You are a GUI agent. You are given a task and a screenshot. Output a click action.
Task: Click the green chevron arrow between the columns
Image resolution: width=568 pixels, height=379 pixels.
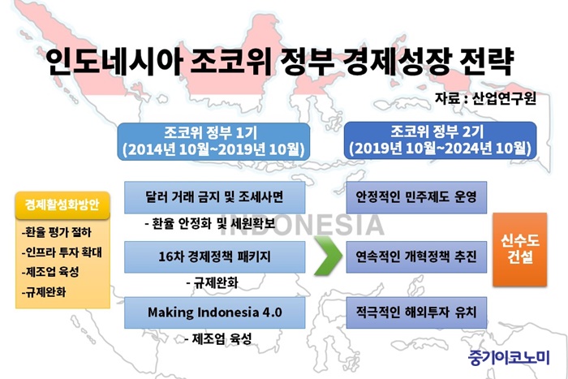coord(328,256)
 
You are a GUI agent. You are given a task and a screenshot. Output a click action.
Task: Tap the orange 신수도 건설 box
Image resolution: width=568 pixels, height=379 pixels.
coord(520,250)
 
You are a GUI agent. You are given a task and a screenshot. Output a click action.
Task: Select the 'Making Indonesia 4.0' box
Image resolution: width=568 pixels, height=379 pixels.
coord(215,312)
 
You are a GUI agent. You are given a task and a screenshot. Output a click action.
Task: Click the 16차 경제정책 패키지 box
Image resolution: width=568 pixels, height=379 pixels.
coord(215,257)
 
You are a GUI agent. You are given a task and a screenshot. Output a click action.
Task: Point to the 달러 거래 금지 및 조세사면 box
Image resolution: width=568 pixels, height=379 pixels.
coord(215,197)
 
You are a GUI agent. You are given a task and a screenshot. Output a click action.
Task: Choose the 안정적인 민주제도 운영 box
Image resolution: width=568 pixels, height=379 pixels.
coord(416,197)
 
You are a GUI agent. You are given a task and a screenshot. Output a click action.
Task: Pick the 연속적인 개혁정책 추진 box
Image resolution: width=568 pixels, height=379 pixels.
coord(416,257)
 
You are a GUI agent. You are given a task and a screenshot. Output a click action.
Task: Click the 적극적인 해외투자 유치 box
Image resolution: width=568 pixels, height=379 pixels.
coord(416,312)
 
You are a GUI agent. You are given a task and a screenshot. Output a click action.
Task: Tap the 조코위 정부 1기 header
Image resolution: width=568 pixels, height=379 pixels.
coord(213,141)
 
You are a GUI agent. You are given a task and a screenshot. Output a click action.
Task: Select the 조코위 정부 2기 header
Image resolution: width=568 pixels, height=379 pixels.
coord(440,140)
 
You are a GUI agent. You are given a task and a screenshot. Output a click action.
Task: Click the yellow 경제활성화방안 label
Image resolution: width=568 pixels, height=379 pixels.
coord(62,205)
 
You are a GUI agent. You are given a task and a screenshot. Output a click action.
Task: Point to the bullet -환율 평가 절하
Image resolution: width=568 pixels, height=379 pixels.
coord(57,232)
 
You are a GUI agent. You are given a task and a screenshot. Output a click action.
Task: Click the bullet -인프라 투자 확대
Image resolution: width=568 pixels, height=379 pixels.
coord(62,252)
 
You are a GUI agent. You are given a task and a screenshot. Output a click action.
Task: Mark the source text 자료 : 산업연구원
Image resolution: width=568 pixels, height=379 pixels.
coord(485,98)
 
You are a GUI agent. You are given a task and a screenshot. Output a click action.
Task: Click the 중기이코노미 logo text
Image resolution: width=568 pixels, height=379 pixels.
coord(509,357)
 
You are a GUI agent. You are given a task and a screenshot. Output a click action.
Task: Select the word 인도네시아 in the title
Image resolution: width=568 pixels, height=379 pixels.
coord(114,62)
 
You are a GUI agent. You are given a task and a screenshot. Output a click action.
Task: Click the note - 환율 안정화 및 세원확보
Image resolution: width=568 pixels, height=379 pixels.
coord(210,223)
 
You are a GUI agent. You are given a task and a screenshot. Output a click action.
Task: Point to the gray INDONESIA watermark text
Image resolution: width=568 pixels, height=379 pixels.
coord(302,226)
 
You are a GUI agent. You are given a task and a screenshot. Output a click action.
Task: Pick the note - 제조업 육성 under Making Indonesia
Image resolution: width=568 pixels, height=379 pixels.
coord(218,339)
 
